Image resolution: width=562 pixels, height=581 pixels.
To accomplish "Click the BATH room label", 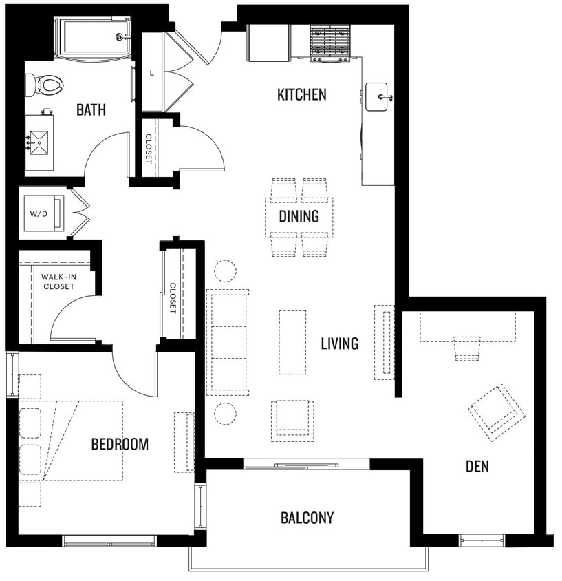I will (x=91, y=109).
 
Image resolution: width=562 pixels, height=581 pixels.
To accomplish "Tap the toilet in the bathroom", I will (x=45, y=85).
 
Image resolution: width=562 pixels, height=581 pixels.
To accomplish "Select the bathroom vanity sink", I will (x=40, y=142).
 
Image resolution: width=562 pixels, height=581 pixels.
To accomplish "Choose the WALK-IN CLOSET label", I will (x=58, y=282).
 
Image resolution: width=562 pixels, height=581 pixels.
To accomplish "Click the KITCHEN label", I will (x=301, y=95).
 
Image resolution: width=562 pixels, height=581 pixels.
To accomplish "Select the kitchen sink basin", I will (x=377, y=96).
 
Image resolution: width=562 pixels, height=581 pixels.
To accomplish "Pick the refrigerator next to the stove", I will (x=268, y=43).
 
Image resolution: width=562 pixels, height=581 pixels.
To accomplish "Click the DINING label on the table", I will (x=299, y=217).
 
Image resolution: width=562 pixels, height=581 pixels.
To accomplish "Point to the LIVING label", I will (x=339, y=343).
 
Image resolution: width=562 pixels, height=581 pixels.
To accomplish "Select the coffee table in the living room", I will (x=292, y=341).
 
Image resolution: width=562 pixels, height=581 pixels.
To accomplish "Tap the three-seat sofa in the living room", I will (x=228, y=342).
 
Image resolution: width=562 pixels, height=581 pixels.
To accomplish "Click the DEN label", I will (x=477, y=467).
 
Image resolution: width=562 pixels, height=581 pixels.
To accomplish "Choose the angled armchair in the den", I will (x=497, y=412).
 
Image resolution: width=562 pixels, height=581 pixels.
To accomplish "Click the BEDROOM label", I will (x=120, y=444).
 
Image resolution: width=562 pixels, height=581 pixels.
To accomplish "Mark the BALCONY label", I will (x=307, y=518).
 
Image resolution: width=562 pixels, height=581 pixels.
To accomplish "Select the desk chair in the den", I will (x=467, y=348).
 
